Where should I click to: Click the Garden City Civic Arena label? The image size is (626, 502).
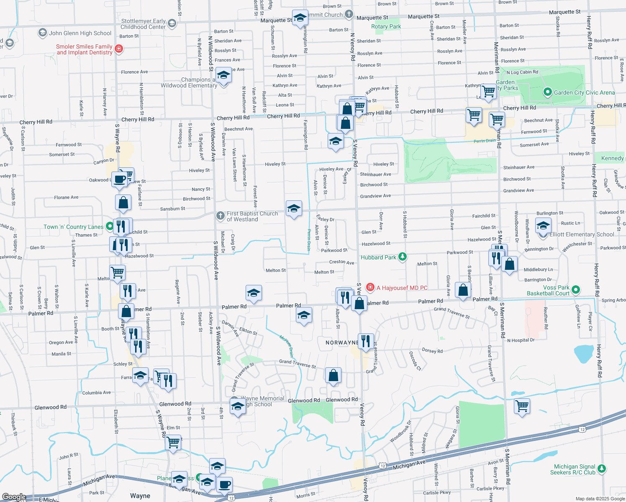point(584,92)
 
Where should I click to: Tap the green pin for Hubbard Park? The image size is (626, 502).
point(403,256)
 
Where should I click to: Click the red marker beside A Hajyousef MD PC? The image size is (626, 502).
point(370,287)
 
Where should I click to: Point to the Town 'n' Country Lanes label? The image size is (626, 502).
point(73,227)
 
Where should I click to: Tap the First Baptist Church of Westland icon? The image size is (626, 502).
point(221,216)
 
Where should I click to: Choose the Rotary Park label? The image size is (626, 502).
point(386,26)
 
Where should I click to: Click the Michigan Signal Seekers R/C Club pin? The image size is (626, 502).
point(602,469)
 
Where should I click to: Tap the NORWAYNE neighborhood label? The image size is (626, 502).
point(341,343)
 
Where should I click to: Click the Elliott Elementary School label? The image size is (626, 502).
point(582,234)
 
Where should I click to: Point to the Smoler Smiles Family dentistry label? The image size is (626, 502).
point(84,49)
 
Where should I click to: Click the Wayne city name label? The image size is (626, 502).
point(140,496)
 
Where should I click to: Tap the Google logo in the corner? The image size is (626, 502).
point(14,497)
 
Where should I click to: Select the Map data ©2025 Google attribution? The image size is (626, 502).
point(600,499)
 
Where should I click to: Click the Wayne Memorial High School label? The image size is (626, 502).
point(262,401)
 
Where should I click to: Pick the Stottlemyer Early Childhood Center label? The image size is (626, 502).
point(143,24)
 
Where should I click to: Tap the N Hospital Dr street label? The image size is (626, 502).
point(521,340)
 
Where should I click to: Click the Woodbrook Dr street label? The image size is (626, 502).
point(400,431)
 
